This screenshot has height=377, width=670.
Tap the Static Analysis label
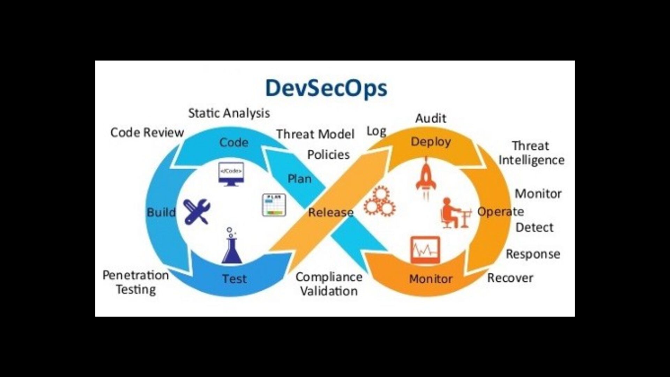[229, 113]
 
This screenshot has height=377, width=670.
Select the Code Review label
[147, 132]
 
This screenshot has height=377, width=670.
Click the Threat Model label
[315, 134]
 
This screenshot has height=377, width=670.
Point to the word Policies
[328, 155]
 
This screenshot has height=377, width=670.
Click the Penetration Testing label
[136, 282]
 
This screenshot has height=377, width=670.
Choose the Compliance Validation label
[329, 284]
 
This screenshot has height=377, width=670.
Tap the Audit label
[431, 118]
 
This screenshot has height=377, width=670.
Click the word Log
[376, 131]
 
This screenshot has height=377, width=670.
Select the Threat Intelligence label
[531, 153]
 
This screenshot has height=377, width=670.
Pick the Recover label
[510, 278]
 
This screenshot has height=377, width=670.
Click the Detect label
[534, 227]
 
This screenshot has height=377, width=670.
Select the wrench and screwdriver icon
[197, 211]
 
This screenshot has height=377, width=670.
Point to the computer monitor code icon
[231, 173]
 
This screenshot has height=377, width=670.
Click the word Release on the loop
[330, 212]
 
